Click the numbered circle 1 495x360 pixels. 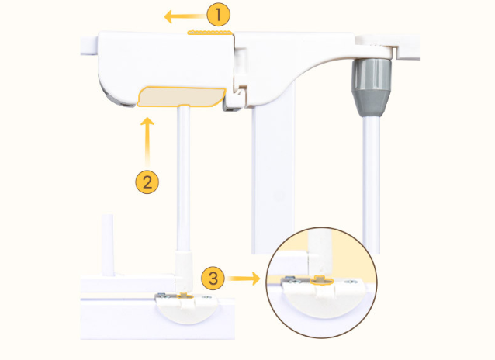click(x=219, y=15)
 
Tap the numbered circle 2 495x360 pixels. click(x=147, y=182)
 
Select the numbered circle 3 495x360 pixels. click(x=213, y=279)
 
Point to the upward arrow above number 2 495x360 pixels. click(x=147, y=142)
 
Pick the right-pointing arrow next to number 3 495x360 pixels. click(x=244, y=279)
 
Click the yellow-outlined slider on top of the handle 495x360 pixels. click(x=210, y=33)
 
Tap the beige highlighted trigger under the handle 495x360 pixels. click(x=182, y=97)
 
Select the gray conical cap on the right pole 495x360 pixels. click(x=371, y=88)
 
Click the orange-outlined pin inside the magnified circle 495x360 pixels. click(x=322, y=280)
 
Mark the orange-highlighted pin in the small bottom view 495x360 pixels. click(x=185, y=296)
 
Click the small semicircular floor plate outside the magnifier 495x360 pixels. click(x=186, y=310)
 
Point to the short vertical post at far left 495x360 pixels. click(x=108, y=245)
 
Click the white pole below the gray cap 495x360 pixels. click(x=371, y=185)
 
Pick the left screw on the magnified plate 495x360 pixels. click(x=291, y=279)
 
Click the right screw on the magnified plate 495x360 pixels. click(x=350, y=282)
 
